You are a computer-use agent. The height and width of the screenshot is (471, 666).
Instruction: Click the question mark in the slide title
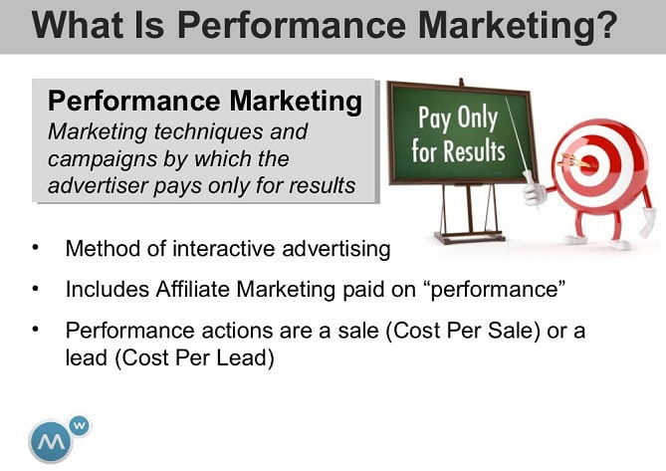603,25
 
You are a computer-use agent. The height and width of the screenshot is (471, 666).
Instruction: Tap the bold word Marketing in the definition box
296,102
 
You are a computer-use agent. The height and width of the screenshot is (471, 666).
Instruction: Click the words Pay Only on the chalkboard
458,118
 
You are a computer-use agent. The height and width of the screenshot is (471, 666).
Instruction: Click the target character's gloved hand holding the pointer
534,190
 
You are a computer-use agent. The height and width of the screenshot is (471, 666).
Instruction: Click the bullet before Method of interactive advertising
36,248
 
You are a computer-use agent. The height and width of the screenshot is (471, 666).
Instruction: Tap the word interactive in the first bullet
224,249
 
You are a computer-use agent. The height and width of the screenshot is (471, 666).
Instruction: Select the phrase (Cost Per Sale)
463,331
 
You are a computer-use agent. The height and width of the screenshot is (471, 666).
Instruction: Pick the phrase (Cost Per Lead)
194,357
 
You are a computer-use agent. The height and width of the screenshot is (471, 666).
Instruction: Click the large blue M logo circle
51,441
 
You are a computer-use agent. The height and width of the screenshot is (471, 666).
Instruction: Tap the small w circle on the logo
80,425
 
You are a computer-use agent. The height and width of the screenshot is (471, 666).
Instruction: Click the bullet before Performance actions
36,329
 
